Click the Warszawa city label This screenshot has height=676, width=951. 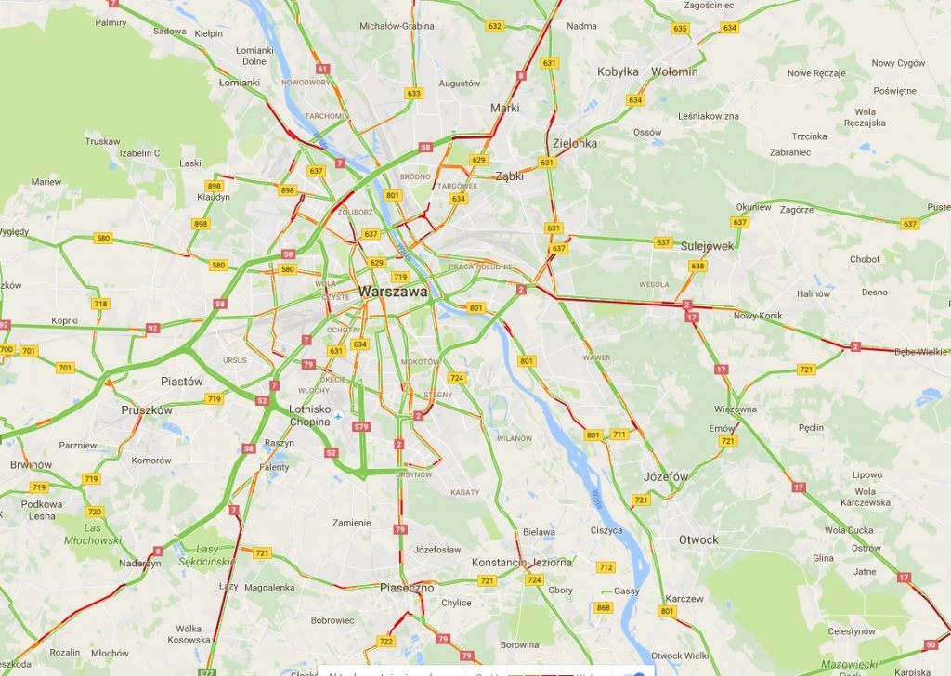[x=393, y=292]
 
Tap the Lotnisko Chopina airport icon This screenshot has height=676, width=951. [x=340, y=416]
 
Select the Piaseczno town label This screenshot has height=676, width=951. [x=407, y=588]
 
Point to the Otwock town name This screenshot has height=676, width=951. [x=697, y=539]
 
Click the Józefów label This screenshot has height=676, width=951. [x=666, y=476]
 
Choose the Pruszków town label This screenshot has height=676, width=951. [x=147, y=409]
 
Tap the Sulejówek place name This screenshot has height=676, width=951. [x=707, y=246]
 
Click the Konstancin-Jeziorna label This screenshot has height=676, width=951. [x=521, y=563]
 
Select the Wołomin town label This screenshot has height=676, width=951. [x=674, y=71]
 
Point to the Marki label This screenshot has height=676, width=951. [x=504, y=108]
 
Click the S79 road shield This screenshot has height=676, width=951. [x=362, y=427]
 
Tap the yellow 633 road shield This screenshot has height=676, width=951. [x=413, y=93]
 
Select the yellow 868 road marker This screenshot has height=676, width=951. [x=604, y=608]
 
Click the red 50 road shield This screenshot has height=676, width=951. [x=931, y=644]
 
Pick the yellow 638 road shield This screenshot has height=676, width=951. [x=697, y=266]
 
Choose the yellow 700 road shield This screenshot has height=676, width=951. [x=7, y=350]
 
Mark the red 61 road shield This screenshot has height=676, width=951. [x=322, y=69]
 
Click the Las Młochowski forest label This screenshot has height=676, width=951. [x=92, y=534]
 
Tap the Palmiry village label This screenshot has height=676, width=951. [x=111, y=21]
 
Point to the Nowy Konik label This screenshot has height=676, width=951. [x=758, y=316]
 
